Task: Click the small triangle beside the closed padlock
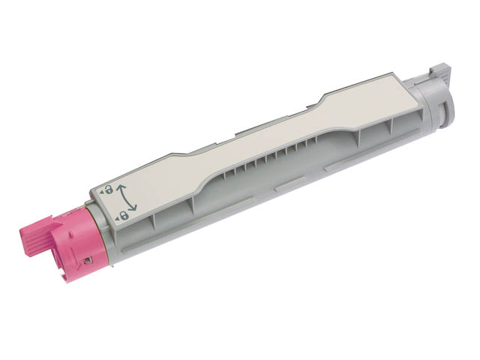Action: (x=118, y=218)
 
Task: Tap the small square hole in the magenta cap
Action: (x=88, y=260)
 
